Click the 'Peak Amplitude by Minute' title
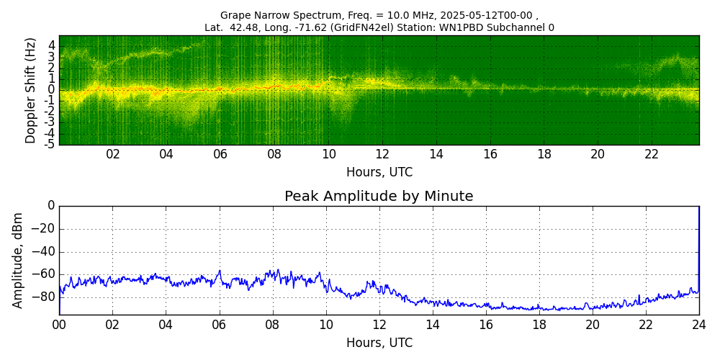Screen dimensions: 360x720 pos(379,197)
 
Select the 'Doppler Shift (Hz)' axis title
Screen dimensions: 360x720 pos(30,91)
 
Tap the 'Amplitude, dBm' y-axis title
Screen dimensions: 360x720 pos(19,260)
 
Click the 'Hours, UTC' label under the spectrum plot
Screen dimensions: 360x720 pos(379,173)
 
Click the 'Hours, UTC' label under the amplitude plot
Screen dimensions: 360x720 pos(379,343)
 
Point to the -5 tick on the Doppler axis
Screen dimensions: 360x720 pos(50,145)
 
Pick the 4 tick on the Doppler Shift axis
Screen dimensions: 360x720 pos(52,45)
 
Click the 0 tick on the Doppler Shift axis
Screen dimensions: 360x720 pos(52,89)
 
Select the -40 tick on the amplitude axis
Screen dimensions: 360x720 pos(45,252)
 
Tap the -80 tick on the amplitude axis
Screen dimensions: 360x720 pos(45,297)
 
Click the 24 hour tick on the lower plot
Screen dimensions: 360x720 pos(698,325)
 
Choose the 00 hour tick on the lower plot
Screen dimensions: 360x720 pos(59,325)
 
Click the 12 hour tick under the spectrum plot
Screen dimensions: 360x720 pos(382,155)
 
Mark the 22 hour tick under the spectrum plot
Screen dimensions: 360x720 pos(652,155)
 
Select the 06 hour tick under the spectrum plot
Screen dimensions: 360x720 pos(220,155)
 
